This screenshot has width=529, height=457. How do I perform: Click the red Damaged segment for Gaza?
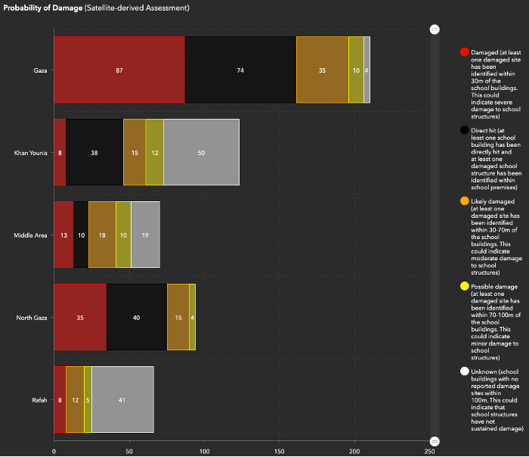click(119, 70)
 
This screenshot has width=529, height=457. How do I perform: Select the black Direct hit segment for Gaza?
click(240, 70)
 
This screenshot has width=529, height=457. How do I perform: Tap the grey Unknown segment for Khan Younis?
click(201, 152)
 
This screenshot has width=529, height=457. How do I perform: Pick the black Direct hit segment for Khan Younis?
click(94, 152)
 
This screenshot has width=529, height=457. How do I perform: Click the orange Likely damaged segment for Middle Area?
click(102, 235)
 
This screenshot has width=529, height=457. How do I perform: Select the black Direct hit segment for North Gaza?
click(137, 317)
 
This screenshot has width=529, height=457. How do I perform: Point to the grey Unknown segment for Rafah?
click(122, 399)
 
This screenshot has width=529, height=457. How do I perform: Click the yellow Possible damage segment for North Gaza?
click(193, 317)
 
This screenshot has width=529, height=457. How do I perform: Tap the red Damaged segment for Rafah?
click(60, 399)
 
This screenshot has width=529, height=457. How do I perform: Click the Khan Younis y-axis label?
click(31, 153)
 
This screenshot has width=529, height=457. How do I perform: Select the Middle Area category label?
click(30, 235)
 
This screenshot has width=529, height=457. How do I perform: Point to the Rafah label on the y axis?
click(40, 399)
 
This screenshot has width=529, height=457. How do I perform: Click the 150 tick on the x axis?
click(279, 451)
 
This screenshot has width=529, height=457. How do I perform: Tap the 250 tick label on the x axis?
click(429, 451)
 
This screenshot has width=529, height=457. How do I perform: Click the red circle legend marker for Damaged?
click(465, 52)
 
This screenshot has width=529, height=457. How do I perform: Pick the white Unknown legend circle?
click(465, 372)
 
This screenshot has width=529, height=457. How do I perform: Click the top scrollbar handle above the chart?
click(435, 29)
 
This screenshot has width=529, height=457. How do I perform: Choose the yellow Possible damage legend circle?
click(465, 287)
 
